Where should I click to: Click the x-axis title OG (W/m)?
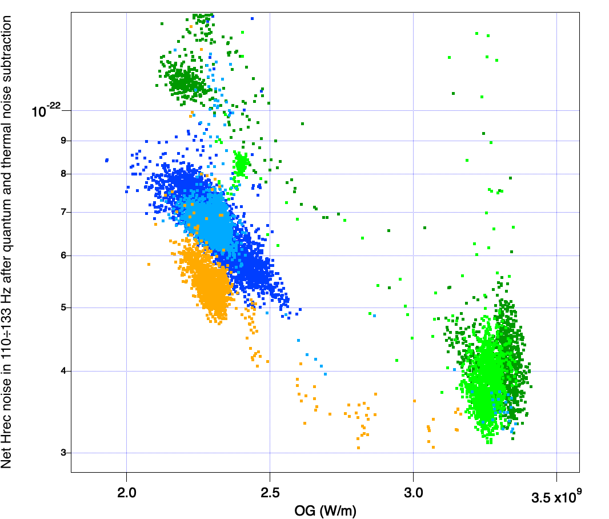coord(326,510)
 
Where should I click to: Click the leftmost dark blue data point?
coord(107,161)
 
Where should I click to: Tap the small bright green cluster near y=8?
coord(241,163)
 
